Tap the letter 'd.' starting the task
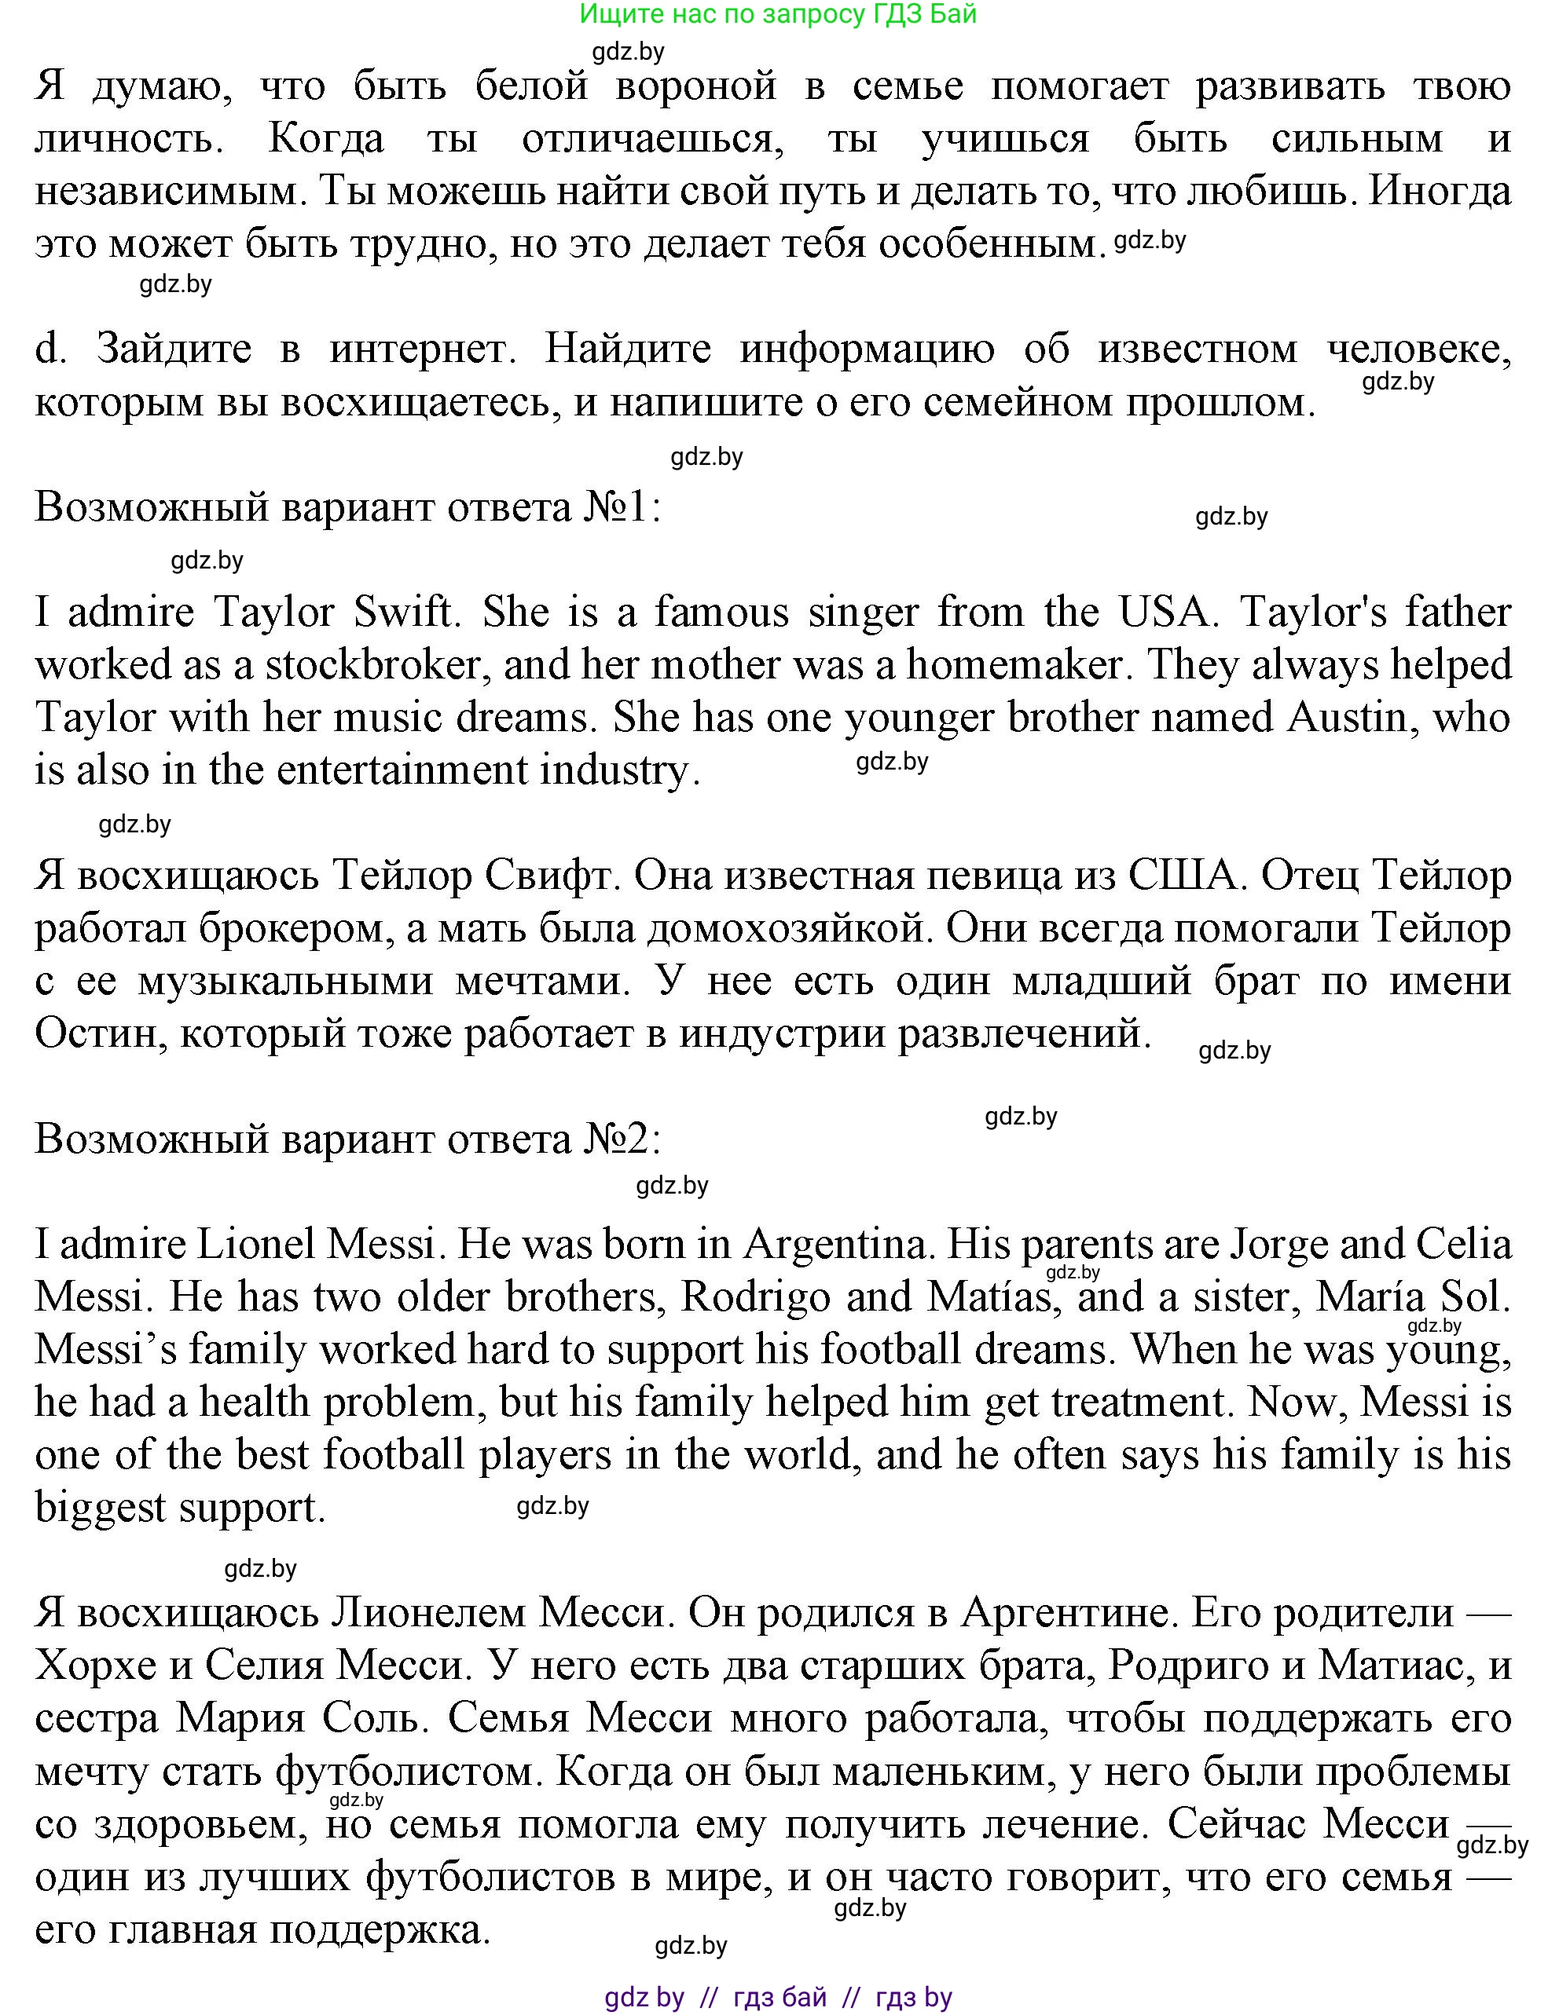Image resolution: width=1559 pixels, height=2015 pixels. click(x=51, y=349)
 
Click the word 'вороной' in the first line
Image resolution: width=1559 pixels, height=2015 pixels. click(x=696, y=86)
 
